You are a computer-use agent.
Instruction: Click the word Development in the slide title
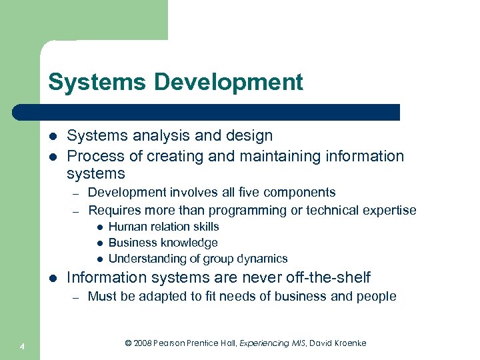click(x=229, y=83)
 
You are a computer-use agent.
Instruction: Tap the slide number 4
click(x=23, y=345)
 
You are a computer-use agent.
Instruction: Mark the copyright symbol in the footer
click(x=129, y=343)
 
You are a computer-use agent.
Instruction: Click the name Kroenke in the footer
click(x=347, y=343)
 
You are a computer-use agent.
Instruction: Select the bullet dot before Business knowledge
click(x=98, y=243)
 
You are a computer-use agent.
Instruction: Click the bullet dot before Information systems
click(x=53, y=277)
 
